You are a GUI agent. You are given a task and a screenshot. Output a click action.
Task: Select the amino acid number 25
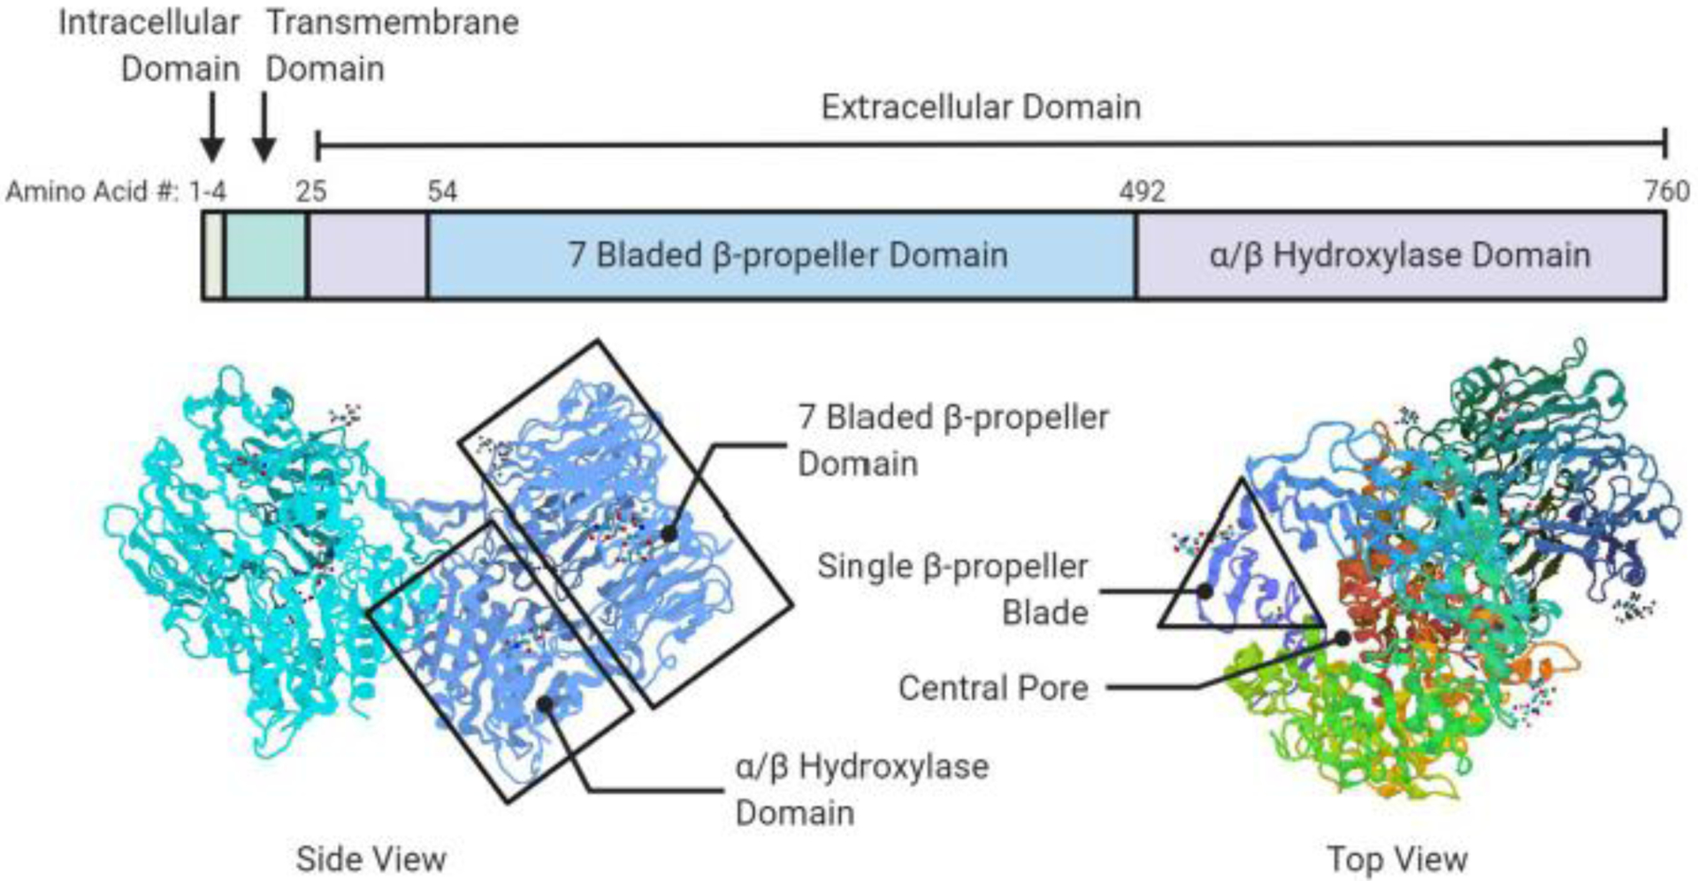point(310,191)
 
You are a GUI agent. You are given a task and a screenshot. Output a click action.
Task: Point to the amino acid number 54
point(442,191)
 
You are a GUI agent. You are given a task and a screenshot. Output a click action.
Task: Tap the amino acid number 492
point(1141,191)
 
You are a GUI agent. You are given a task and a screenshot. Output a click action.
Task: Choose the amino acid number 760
point(1666,191)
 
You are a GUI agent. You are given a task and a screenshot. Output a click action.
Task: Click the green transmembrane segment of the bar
point(266,256)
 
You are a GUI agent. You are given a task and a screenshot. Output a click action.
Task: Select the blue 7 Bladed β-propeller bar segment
point(787,256)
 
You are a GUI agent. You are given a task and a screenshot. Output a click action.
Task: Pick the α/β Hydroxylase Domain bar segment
point(1399,256)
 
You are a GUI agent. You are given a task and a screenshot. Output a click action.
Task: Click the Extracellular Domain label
point(980,108)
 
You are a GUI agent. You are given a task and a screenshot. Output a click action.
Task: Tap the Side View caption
point(371,859)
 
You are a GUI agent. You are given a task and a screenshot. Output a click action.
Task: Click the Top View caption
point(1397,859)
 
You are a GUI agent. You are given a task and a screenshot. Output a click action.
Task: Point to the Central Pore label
point(992,687)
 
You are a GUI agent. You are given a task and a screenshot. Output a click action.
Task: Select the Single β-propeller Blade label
point(952,588)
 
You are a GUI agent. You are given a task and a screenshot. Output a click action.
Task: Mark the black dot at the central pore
point(1342,638)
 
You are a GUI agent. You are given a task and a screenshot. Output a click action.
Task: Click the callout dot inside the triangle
point(1205,591)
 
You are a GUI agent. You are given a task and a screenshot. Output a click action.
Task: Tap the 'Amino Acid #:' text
point(92,191)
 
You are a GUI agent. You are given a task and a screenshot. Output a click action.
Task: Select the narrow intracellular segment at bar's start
point(213,256)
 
